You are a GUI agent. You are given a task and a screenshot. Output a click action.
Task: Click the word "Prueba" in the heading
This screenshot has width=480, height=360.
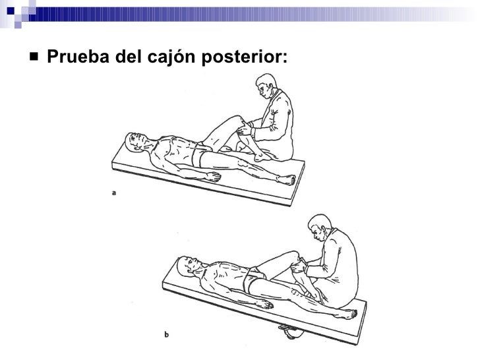(x=71, y=58)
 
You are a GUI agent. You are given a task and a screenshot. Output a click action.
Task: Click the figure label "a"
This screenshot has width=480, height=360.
(x=114, y=193)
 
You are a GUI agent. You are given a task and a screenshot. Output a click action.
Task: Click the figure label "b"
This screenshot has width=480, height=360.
(x=166, y=334)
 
